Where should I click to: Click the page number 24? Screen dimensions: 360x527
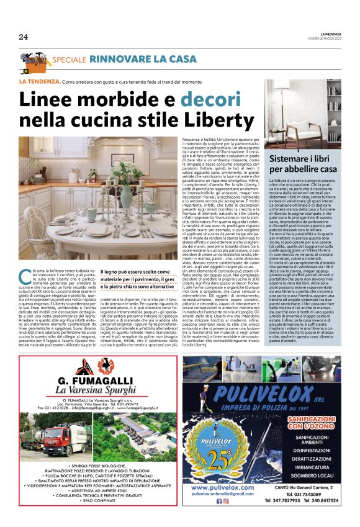(23, 37)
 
